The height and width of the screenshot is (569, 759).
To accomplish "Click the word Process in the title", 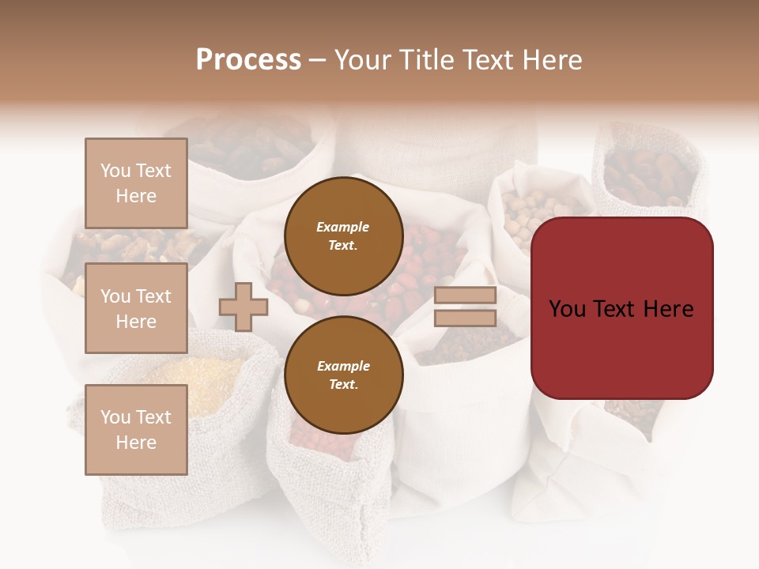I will [248, 60].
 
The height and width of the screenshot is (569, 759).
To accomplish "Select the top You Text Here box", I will [136, 183].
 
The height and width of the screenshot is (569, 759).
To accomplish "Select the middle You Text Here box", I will [136, 308].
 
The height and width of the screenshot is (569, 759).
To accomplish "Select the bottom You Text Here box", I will [136, 429].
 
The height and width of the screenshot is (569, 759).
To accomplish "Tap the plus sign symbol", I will [244, 307].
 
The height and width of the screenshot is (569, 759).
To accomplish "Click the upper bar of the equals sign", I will [465, 296].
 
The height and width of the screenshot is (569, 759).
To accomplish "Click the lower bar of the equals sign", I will [465, 318].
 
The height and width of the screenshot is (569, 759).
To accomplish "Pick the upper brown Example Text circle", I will [343, 236].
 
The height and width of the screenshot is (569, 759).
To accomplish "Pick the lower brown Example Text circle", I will [343, 375].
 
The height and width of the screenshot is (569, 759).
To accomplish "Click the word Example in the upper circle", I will [343, 227].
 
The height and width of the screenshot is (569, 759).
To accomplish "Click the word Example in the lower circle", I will [343, 366].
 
